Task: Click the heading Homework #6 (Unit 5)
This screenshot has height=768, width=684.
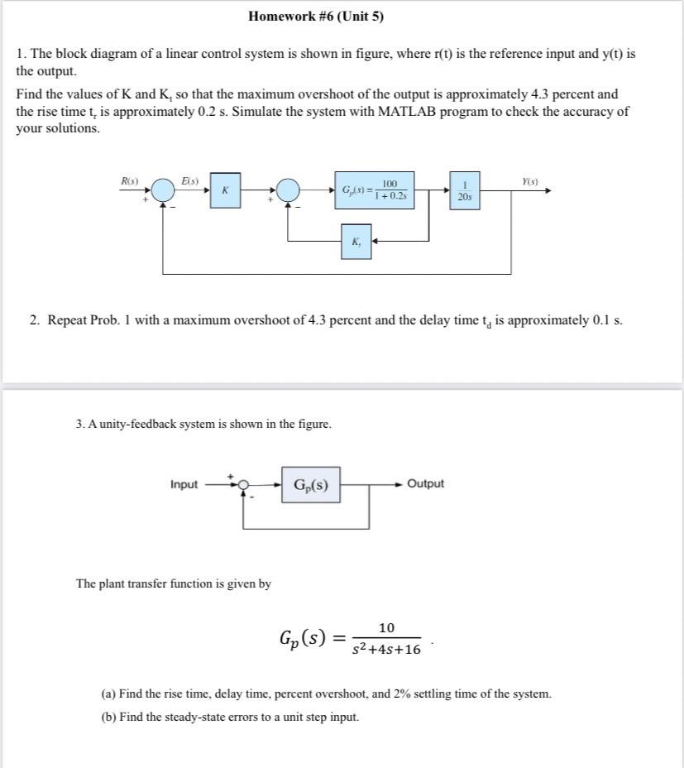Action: [315, 17]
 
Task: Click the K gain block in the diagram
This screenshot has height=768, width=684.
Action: [225, 190]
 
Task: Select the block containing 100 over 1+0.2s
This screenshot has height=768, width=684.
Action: [374, 190]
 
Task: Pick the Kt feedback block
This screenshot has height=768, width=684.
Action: [356, 241]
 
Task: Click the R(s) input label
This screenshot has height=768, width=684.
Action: [130, 180]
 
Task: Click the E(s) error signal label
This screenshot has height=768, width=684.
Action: [189, 180]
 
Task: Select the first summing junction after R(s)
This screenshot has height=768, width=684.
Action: [163, 190]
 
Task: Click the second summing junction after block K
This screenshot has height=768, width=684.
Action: [288, 190]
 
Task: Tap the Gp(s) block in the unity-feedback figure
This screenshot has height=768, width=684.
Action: [311, 485]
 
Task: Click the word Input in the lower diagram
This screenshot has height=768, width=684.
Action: [184, 485]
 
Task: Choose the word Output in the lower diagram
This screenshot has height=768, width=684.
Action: [425, 483]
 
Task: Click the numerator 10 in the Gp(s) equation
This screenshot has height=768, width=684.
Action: [386, 628]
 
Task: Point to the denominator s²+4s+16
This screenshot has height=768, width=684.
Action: [386, 649]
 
